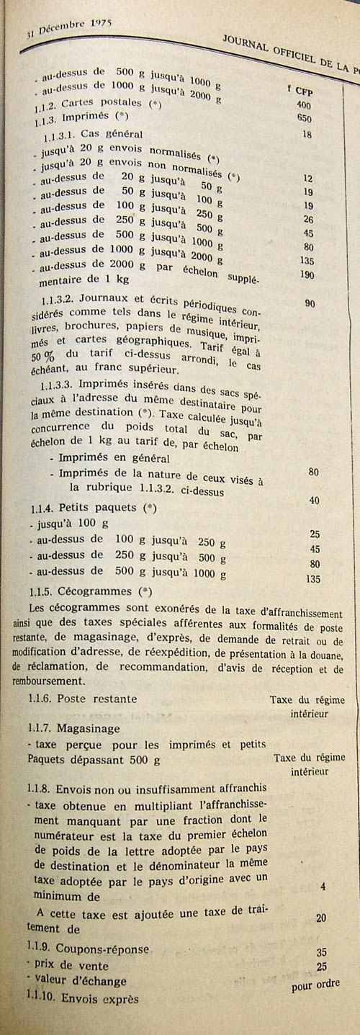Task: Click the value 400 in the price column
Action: tap(304, 105)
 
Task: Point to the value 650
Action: tap(304, 119)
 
